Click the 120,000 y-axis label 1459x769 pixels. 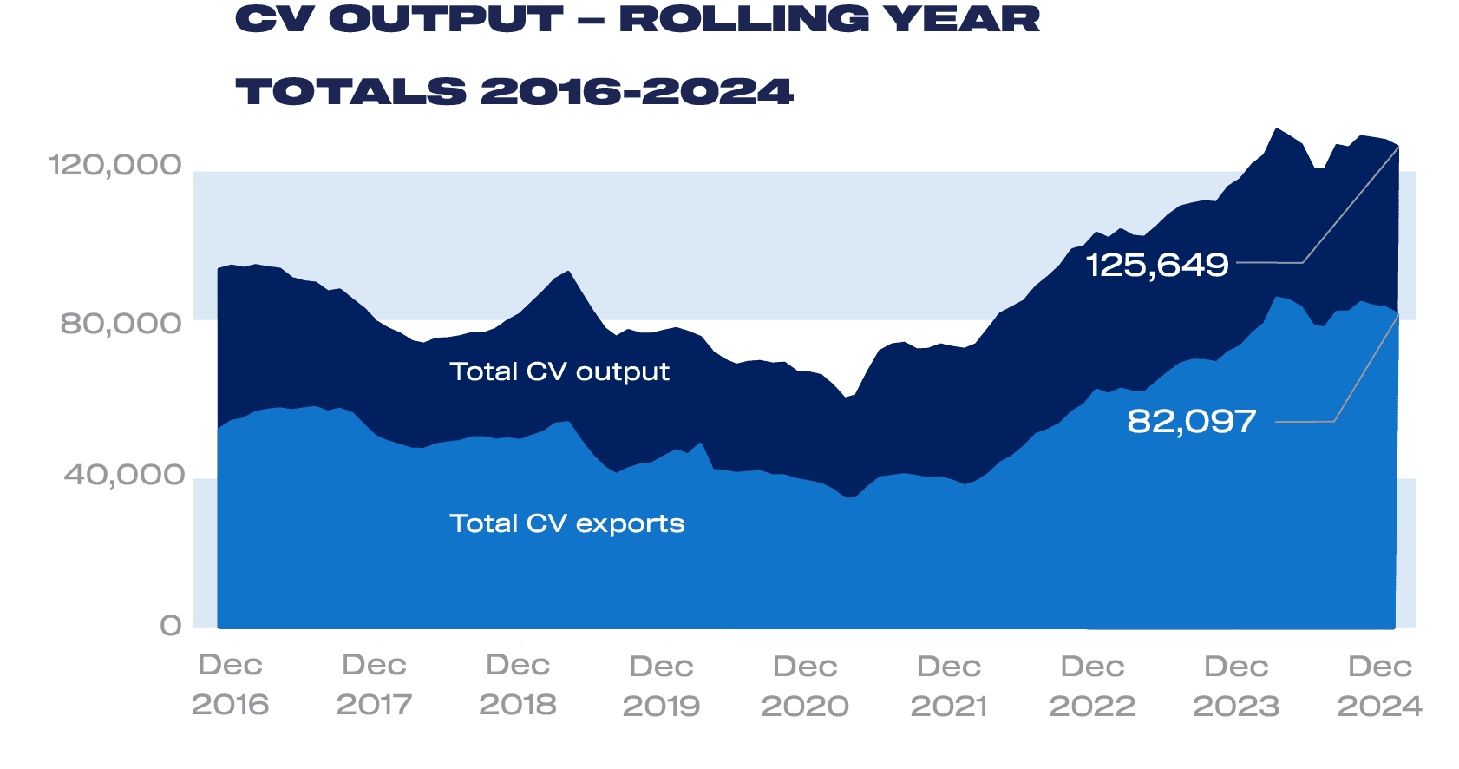pyautogui.click(x=114, y=164)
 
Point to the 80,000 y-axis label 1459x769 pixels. pyautogui.click(x=121, y=323)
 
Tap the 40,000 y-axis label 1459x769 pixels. pyautogui.click(x=124, y=475)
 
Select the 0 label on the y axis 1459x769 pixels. pyautogui.click(x=171, y=626)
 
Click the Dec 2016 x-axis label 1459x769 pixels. pyautogui.click(x=230, y=685)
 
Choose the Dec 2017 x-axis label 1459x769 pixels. pyautogui.click(x=374, y=685)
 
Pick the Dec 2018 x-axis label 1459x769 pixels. pyautogui.click(x=518, y=685)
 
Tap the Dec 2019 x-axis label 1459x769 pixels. pyautogui.click(x=661, y=686)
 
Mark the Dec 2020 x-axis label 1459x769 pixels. pyautogui.click(x=805, y=686)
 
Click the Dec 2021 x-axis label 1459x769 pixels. pyautogui.click(x=949, y=686)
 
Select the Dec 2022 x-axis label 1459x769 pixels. pyautogui.click(x=1092, y=686)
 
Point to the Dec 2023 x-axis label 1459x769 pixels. pyautogui.click(x=1236, y=686)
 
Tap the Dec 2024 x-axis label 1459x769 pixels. pyautogui.click(x=1379, y=686)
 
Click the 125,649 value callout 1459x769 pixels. pyautogui.click(x=1157, y=265)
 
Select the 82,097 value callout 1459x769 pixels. pyautogui.click(x=1192, y=422)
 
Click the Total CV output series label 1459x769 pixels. pyautogui.click(x=559, y=371)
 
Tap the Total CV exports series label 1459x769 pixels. pyautogui.click(x=566, y=523)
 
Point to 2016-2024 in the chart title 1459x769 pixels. pyautogui.click(x=637, y=91)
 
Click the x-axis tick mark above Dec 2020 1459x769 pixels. pyautogui.click(x=808, y=635)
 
